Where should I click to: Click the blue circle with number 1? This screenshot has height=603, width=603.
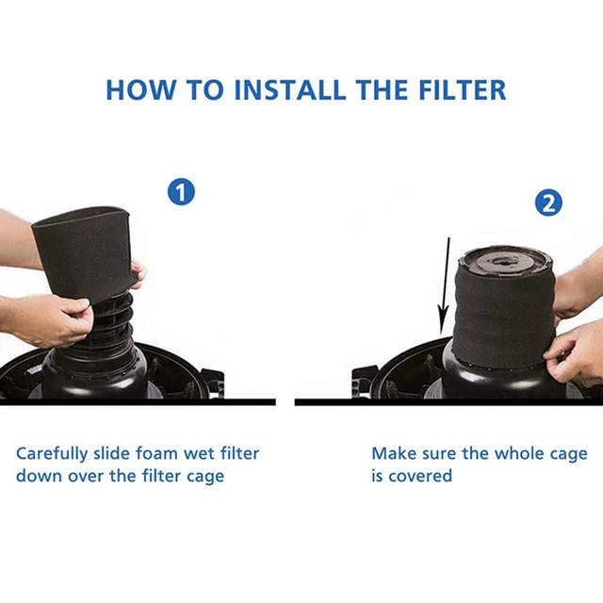181,193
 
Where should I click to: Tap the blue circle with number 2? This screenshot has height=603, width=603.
548,203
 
